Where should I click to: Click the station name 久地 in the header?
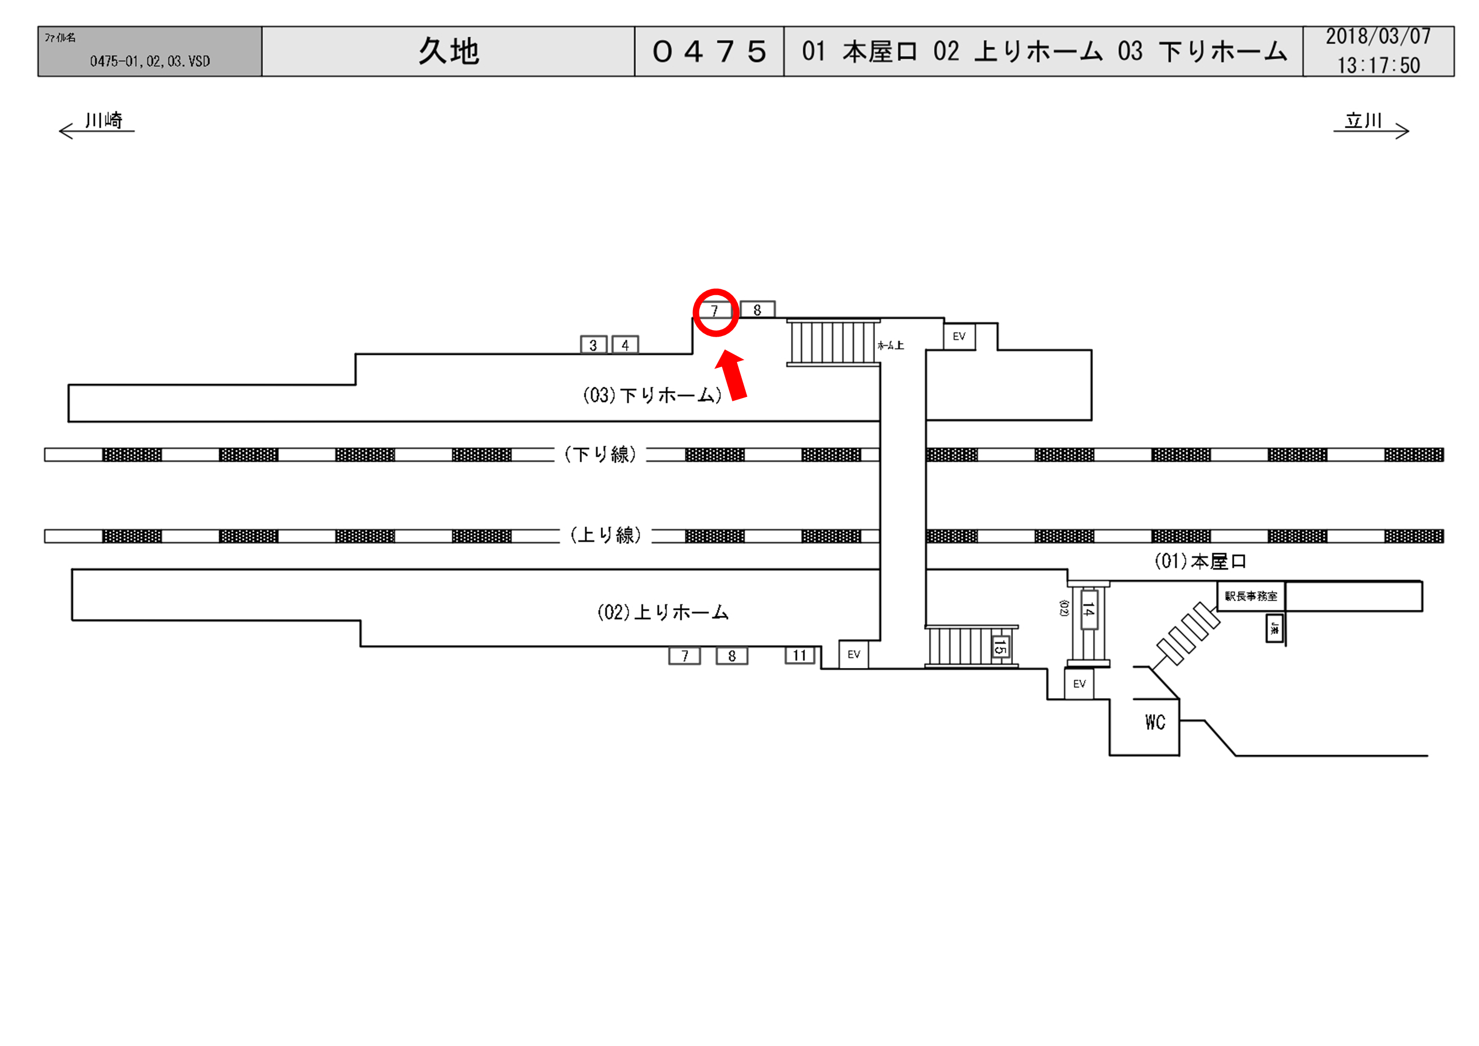448,51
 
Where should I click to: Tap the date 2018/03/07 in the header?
1378,37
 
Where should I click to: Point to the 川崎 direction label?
103,121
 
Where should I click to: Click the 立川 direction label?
1363,121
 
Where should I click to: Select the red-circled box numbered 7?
715,311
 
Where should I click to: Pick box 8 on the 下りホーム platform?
758,310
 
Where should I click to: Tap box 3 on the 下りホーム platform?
593,345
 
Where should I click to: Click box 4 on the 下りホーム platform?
625,345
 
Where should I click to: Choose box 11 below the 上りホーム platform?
800,656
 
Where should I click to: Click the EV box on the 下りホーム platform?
959,336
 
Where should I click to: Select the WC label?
1155,722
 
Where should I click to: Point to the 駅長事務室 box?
1251,596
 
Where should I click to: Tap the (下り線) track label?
600,455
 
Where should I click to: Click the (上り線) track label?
606,535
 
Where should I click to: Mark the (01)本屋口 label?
1200,562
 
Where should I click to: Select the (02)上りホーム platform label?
663,612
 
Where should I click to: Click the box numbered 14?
1088,609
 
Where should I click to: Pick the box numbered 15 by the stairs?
1000,646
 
